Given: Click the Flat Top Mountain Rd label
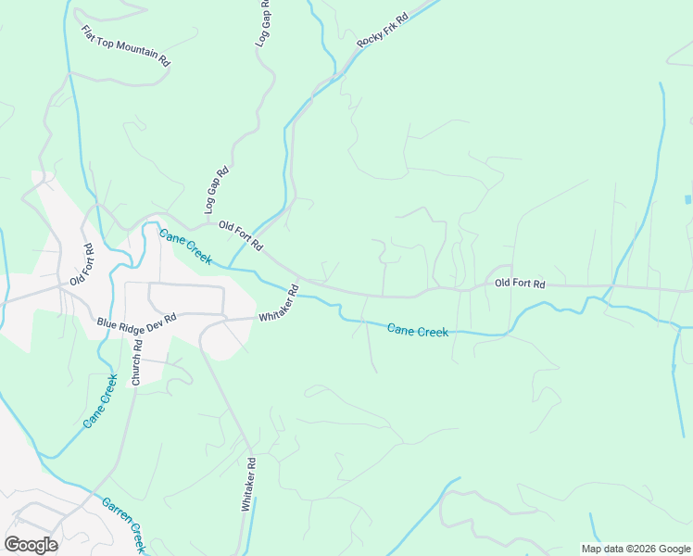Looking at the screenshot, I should tap(125, 45).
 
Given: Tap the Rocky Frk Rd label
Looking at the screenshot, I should tap(383, 32).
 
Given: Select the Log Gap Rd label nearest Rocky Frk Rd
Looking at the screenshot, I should tap(264, 24).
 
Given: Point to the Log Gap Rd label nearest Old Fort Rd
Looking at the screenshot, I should tap(216, 190).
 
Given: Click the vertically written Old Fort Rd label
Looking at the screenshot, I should tap(83, 265).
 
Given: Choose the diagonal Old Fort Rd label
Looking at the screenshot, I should tap(241, 235).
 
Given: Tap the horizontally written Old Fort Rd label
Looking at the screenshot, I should tap(520, 283).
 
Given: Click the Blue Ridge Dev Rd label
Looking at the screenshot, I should tap(136, 322).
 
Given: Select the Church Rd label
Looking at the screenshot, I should tap(136, 363).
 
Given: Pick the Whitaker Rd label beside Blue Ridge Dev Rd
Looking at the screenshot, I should tap(279, 304).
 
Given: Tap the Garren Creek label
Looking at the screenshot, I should tap(123, 524).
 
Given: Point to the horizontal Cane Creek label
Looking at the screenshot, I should tap(417, 330).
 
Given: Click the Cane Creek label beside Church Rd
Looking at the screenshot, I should tap(100, 400).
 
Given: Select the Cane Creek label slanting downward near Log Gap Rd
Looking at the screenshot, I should tap(185, 246).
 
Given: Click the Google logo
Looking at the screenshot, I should tap(31, 545).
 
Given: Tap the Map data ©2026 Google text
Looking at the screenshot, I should tap(636, 549).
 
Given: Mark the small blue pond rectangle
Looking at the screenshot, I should tap(687, 199).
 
